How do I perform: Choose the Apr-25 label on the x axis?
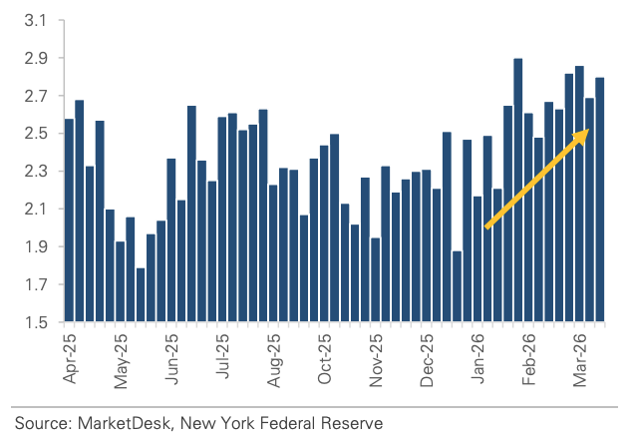pyautogui.click(x=69, y=359)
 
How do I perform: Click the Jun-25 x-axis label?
pyautogui.click(x=172, y=359)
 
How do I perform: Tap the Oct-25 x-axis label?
pyautogui.click(x=325, y=359)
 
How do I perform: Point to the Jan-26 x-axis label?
pyautogui.click(x=478, y=359)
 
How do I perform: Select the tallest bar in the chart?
pyautogui.click(x=518, y=190)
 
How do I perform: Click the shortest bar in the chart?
pyautogui.click(x=141, y=294)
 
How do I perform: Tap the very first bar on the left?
pyautogui.click(x=69, y=220)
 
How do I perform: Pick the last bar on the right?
pyautogui.click(x=600, y=200)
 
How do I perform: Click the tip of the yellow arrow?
pyautogui.click(x=587, y=129)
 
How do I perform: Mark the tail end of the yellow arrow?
pyautogui.click(x=486, y=227)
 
